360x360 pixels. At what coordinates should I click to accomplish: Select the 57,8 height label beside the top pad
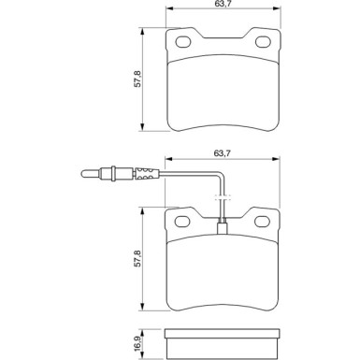pos(137,79)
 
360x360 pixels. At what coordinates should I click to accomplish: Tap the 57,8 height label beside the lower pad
pos(137,258)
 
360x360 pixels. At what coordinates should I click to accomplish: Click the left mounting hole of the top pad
pos(183,42)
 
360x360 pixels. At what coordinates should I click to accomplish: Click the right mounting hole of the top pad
pos(263,42)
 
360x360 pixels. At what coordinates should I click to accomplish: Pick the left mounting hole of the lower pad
pos(182,222)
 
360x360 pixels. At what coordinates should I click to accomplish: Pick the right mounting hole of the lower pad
pos(262,222)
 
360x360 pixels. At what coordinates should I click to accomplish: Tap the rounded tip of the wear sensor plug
pos(83,174)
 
